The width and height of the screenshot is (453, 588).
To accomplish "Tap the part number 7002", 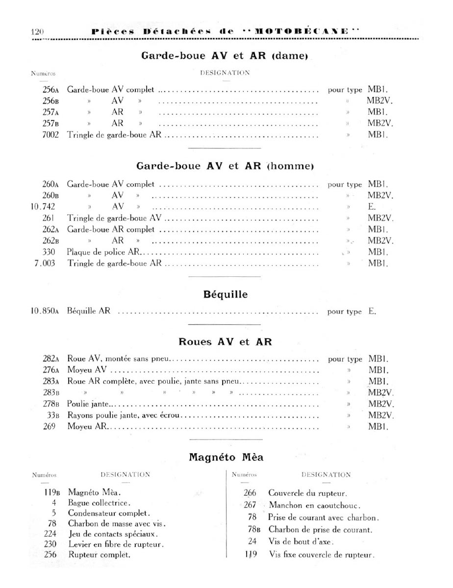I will (50, 135).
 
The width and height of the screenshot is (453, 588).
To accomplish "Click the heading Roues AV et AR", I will (225, 342).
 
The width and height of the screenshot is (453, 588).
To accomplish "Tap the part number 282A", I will (50, 359).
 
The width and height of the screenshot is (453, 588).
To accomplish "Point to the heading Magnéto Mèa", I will (226, 458).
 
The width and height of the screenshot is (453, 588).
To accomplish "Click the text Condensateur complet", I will (109, 514).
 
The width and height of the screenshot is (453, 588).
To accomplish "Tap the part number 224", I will (50, 534).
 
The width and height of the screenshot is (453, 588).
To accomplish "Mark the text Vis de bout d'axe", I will (301, 541).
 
